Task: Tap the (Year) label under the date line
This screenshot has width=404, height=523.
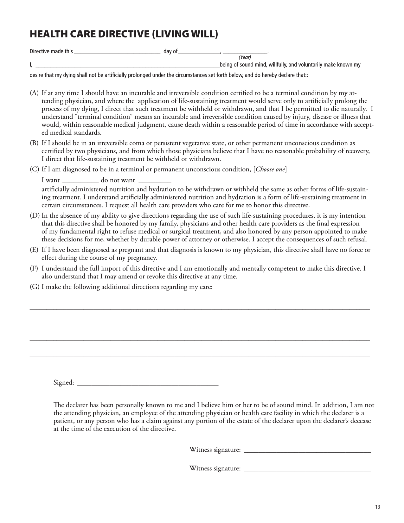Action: tap(245, 57)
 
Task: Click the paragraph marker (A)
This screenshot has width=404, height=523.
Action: tap(34, 93)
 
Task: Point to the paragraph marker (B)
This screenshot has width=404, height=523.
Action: tap(34, 143)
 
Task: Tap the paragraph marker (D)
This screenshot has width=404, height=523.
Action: tap(35, 216)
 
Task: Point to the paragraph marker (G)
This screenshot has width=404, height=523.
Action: tap(35, 287)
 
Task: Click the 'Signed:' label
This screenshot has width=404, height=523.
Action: tap(64, 383)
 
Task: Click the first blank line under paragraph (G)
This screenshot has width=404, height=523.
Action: tap(200, 309)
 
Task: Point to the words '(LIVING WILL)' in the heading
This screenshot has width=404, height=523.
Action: tap(185, 34)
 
